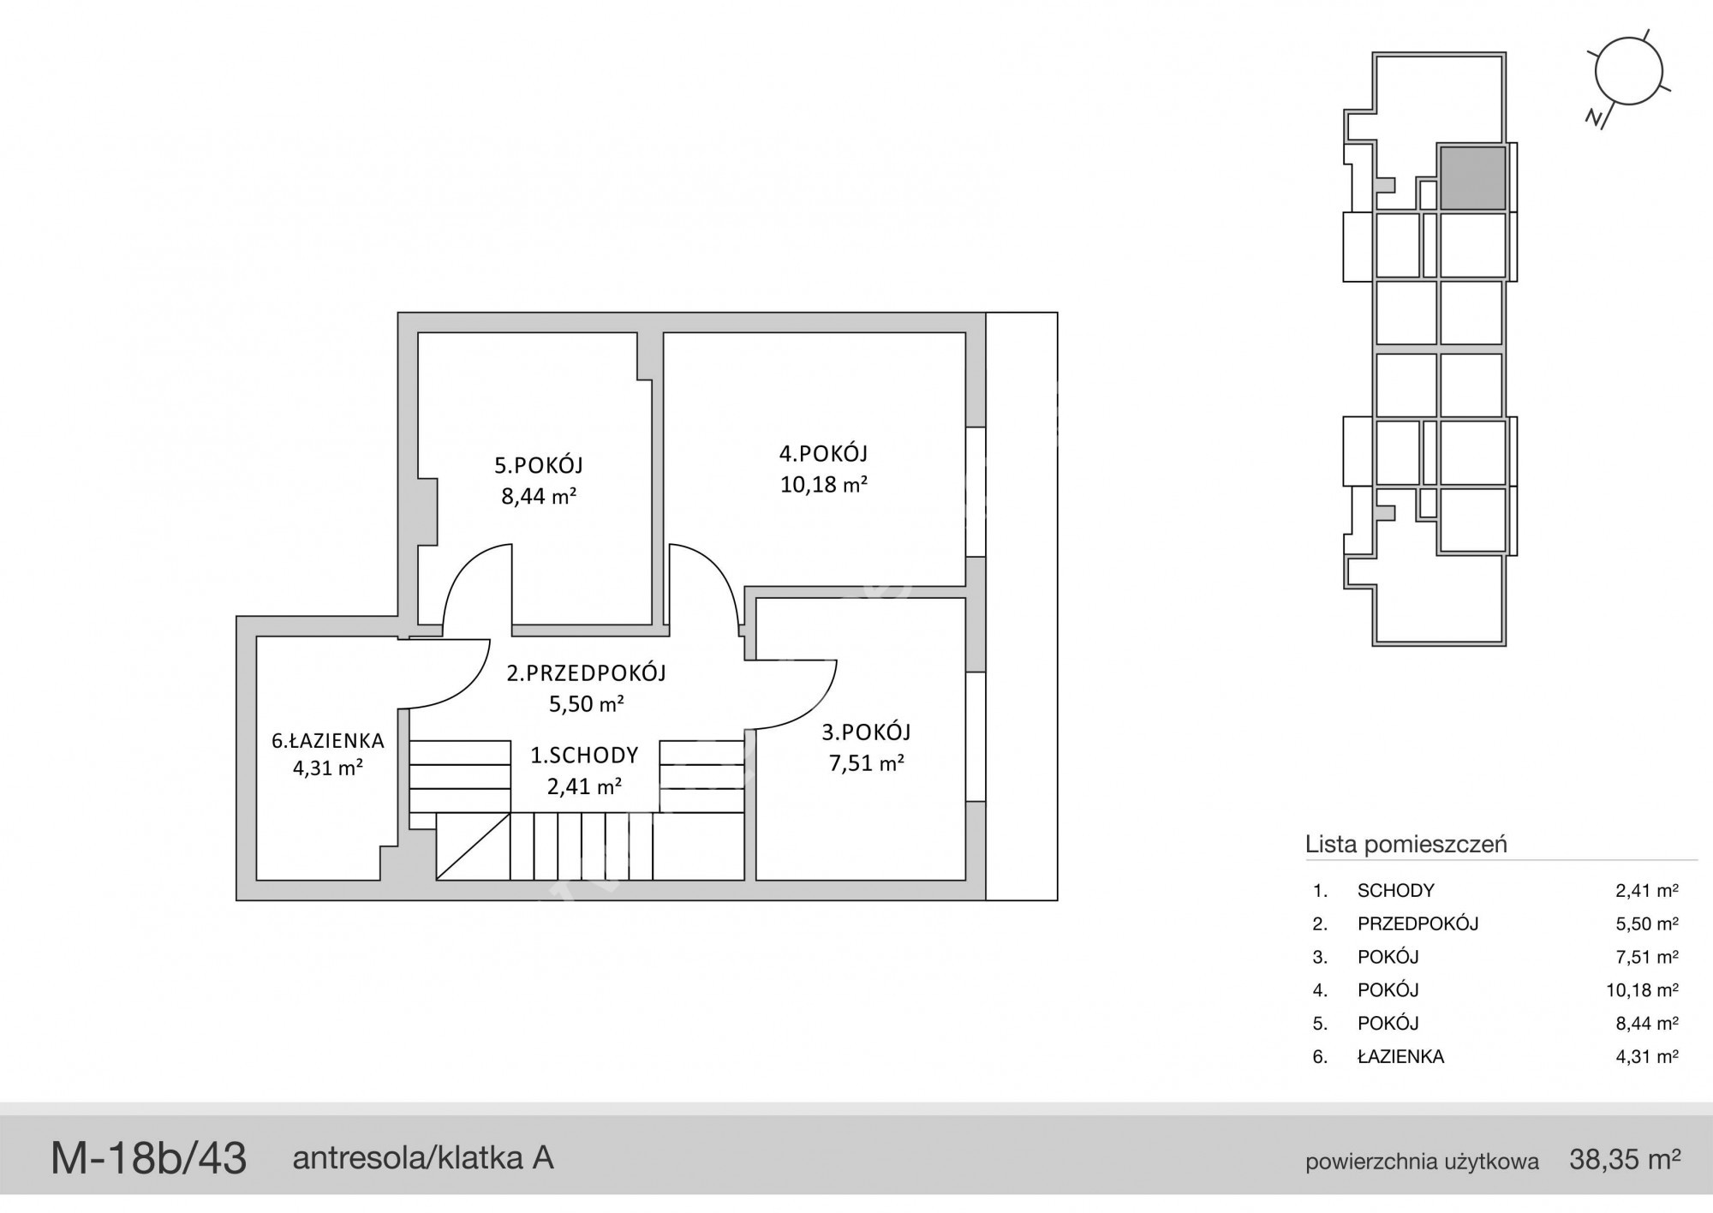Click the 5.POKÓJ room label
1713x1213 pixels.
click(x=539, y=465)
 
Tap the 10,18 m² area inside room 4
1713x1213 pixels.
click(x=824, y=484)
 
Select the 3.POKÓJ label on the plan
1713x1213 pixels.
click(x=867, y=732)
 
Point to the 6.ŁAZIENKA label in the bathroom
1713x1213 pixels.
click(x=328, y=740)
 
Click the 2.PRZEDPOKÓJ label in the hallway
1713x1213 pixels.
click(x=587, y=673)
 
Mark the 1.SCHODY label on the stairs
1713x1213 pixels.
click(x=585, y=755)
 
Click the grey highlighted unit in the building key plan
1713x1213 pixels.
click(x=1472, y=178)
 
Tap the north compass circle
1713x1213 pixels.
click(x=1629, y=72)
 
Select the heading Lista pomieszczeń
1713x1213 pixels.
click(x=1406, y=844)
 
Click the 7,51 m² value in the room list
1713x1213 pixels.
click(x=1646, y=957)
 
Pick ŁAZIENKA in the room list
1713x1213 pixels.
click(x=1401, y=1057)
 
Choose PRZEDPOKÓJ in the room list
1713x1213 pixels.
click(x=1418, y=923)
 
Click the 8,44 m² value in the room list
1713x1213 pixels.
click(x=1646, y=1023)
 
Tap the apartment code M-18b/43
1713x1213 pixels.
click(x=149, y=1159)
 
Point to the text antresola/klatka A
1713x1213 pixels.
click(x=423, y=1158)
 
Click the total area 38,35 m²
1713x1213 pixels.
click(x=1625, y=1160)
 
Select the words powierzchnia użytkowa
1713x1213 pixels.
click(x=1422, y=1162)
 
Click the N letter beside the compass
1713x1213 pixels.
click(x=1595, y=118)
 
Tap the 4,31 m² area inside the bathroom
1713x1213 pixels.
click(x=328, y=768)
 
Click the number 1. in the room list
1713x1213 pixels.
click(x=1320, y=891)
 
